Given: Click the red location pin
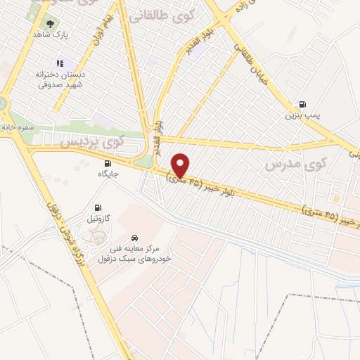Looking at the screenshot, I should point(181,165).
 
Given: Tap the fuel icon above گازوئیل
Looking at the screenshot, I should point(98,207).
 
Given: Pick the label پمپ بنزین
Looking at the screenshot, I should point(303,115).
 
